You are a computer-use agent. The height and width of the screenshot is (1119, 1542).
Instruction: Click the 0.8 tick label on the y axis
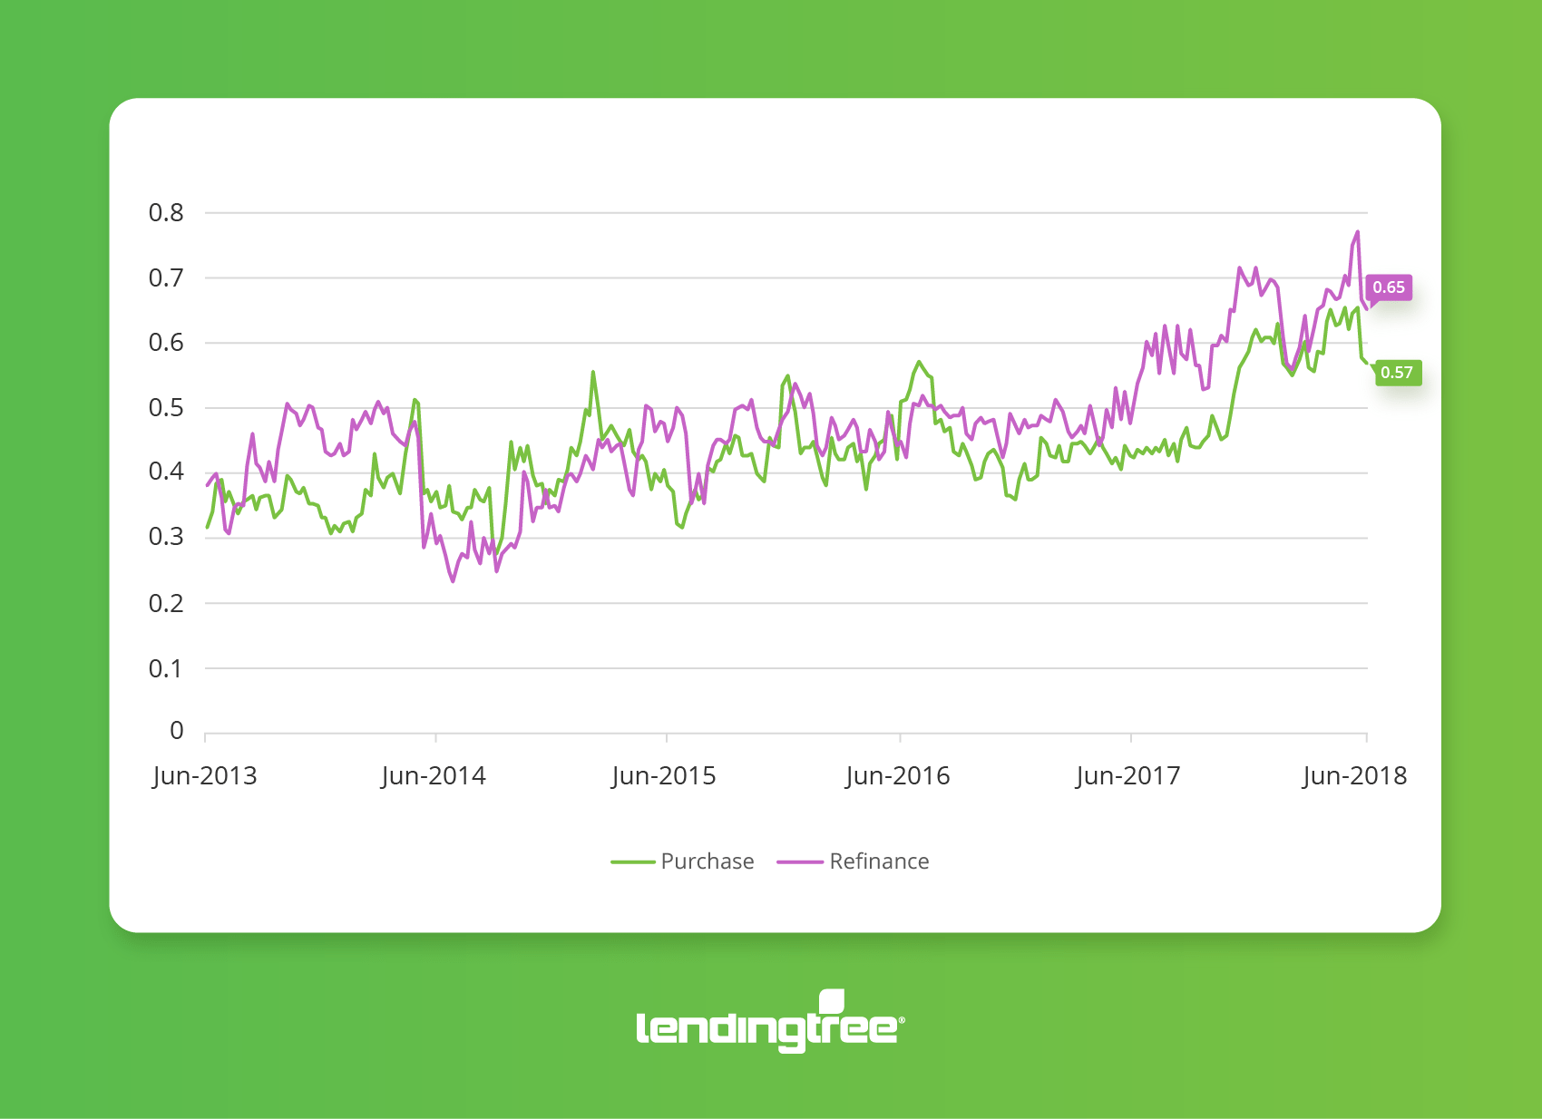point(166,213)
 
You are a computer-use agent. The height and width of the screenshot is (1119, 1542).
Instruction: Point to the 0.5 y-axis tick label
point(166,408)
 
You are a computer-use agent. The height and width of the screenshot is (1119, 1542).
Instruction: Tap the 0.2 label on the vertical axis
point(166,604)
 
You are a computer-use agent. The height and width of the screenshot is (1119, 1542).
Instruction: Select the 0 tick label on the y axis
point(177,731)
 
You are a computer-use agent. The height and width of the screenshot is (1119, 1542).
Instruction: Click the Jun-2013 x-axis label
point(205,776)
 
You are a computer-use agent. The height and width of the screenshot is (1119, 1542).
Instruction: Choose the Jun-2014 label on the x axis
point(434,776)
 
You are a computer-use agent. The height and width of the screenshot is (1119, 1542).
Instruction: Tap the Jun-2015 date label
point(664,776)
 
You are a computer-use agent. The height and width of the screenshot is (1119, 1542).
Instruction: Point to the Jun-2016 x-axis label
point(898,776)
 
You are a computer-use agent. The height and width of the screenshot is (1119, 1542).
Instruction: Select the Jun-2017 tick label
point(1128,776)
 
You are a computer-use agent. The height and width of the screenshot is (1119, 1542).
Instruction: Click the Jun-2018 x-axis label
point(1355,776)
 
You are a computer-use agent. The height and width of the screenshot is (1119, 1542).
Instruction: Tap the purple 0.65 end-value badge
point(1389,287)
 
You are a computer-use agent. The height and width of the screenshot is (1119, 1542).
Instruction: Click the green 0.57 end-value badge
point(1397,373)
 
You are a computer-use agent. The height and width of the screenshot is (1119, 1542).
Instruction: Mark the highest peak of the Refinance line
point(1358,232)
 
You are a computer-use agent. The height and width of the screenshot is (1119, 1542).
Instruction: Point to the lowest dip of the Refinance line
point(453,581)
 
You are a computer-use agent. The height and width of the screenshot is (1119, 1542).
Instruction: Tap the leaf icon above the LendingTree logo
point(832,1001)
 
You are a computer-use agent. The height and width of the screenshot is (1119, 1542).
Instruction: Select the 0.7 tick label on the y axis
point(166,278)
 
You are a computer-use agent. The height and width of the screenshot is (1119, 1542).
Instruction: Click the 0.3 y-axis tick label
point(166,537)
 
